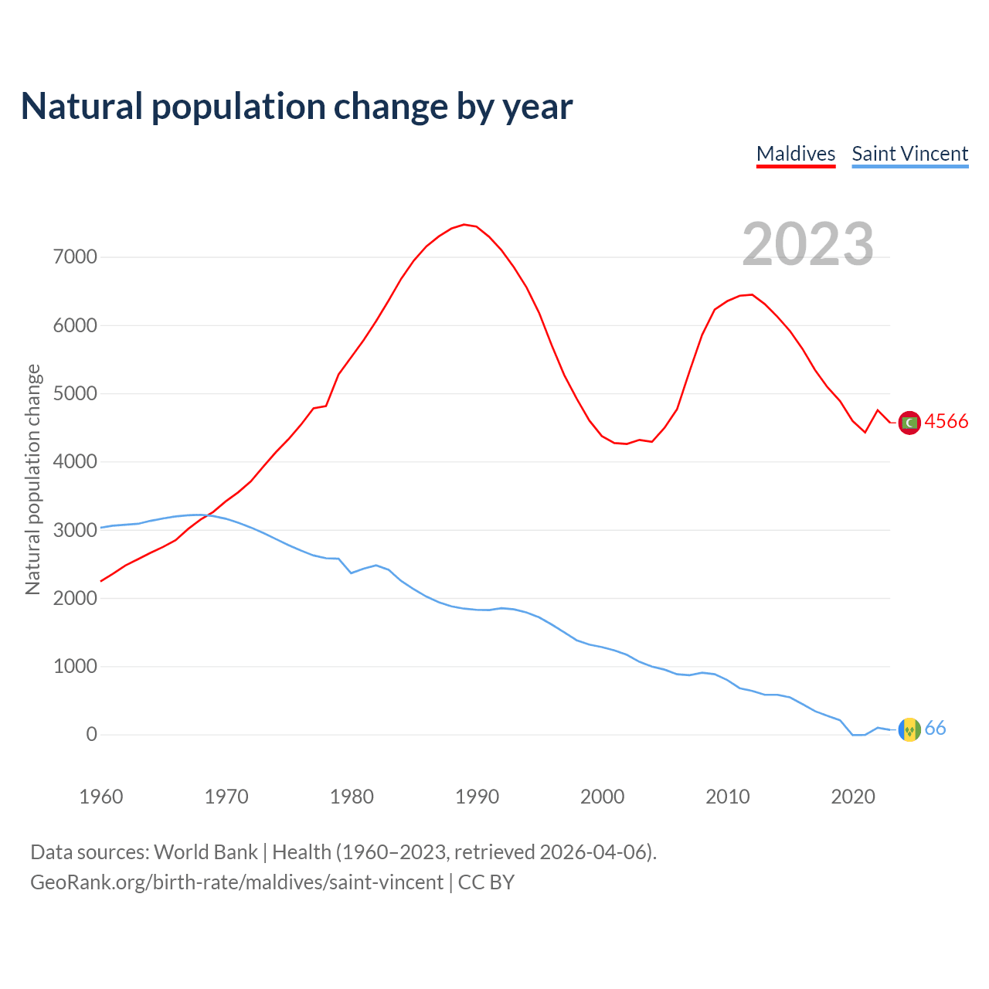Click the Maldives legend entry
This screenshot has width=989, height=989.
796,154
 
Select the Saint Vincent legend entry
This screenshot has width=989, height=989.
909,154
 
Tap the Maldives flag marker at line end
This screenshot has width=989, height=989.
909,423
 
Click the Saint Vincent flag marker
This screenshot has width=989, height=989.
909,729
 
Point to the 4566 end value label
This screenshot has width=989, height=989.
946,422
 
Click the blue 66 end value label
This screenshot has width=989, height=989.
935,729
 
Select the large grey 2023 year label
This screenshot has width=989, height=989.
807,244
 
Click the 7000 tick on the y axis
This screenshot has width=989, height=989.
75,257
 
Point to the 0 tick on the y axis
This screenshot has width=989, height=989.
92,735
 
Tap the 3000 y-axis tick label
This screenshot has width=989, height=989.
75,530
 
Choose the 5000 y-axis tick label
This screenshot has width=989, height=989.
75,394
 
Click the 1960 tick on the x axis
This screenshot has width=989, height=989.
101,797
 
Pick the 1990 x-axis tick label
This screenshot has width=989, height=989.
477,797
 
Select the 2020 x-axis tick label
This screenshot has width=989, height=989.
852,797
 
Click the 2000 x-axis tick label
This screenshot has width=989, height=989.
602,797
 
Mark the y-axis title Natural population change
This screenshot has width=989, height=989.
32,479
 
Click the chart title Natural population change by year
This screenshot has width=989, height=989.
297,107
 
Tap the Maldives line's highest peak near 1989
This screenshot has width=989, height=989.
464,225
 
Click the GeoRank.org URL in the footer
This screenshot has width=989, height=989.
236,882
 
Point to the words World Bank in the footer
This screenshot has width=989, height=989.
206,852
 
